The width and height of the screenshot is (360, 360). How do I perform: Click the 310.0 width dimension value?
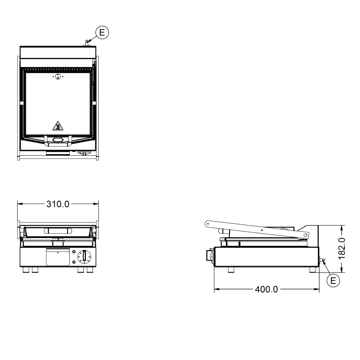(58, 204)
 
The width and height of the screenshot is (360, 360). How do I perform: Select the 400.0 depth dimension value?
(266, 289)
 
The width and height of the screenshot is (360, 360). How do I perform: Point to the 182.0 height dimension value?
(342, 248)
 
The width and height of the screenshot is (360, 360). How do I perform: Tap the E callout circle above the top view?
(102, 32)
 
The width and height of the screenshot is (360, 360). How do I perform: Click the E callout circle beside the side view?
(333, 280)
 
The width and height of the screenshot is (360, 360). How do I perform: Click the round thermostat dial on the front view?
(84, 256)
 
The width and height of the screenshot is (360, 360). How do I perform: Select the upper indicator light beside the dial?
(74, 252)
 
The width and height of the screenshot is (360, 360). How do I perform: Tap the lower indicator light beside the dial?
(74, 262)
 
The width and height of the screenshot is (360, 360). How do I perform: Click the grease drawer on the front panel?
(58, 257)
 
